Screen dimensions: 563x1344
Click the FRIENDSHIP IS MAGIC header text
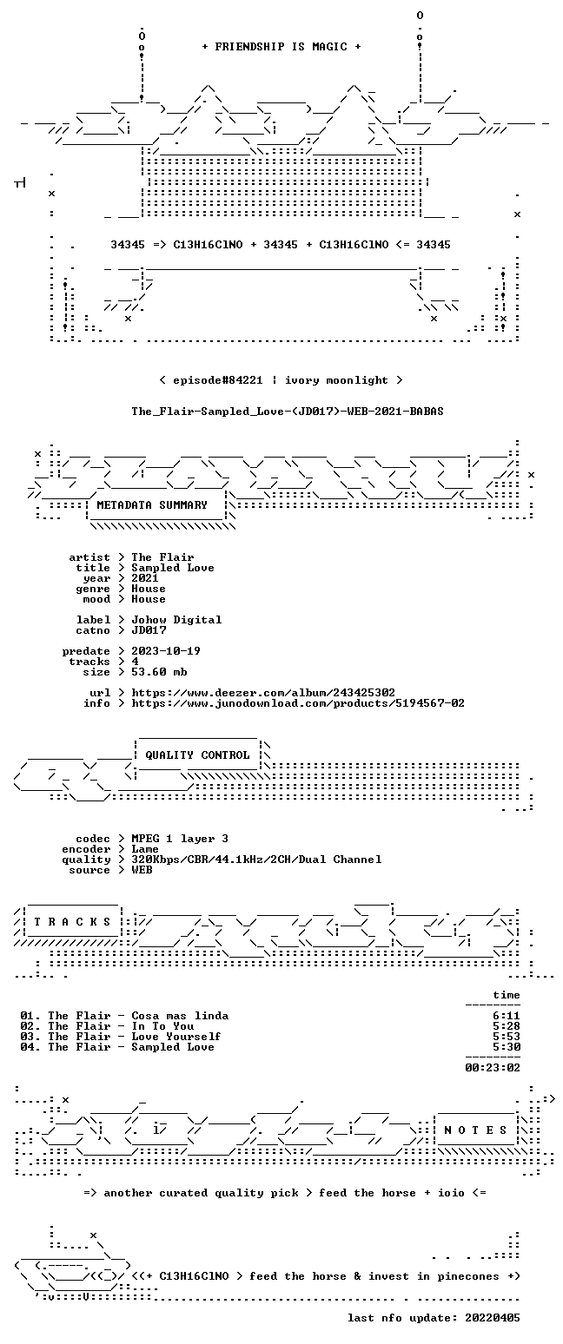point(281,47)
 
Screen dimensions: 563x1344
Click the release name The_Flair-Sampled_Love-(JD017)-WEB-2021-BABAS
point(288,412)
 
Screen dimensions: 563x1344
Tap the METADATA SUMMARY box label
point(152,505)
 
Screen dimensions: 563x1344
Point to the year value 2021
point(145,578)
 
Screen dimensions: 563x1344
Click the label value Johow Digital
point(176,620)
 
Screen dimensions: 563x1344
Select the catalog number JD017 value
point(149,630)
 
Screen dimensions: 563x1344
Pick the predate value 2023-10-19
point(166,651)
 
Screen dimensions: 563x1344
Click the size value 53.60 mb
point(159,672)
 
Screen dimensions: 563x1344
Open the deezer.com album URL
point(263,693)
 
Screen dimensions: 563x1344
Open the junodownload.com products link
point(298,703)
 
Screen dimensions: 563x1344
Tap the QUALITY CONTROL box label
point(197,755)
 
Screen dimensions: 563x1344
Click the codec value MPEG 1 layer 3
point(180,839)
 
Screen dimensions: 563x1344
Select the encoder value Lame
point(145,849)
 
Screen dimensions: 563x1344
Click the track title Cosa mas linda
point(180,1016)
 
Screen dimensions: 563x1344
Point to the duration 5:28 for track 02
point(507,1026)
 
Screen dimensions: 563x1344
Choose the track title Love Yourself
point(176,1037)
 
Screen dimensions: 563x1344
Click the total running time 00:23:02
point(493,1068)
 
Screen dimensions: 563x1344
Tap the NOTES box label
point(476,1130)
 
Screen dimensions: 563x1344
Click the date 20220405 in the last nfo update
point(493,1318)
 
